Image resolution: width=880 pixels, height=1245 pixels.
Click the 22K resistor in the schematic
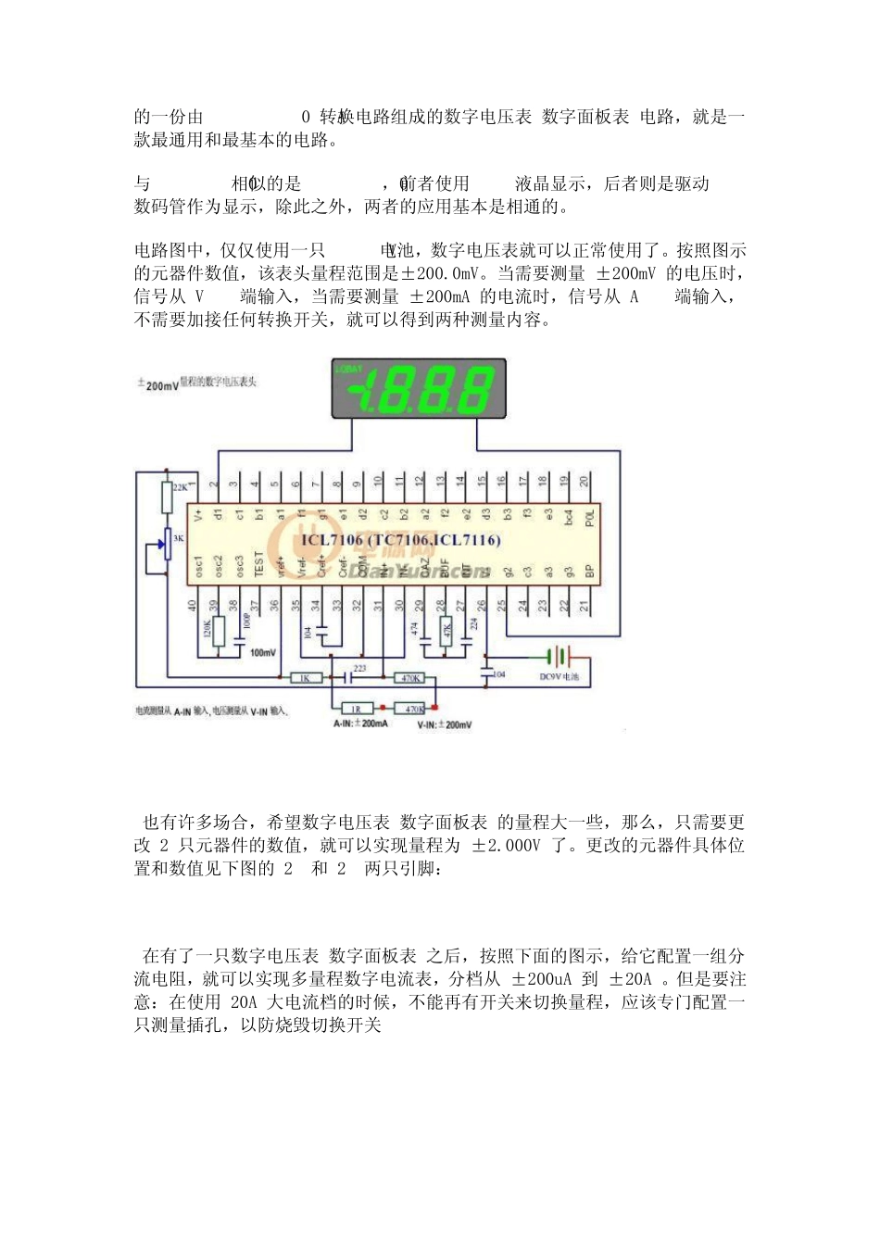point(168,497)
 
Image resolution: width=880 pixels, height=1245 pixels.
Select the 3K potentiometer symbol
point(168,546)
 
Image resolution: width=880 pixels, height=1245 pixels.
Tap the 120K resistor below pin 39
point(219,633)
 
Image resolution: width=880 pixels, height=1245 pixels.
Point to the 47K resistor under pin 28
point(446,632)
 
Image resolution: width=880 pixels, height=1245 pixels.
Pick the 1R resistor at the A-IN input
point(357,709)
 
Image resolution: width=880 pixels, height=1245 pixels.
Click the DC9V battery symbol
point(557,657)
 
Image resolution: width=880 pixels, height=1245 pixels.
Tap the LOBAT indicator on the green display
point(348,369)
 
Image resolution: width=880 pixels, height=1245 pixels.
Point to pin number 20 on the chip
point(585,481)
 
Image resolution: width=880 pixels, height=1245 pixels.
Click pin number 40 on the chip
point(194,605)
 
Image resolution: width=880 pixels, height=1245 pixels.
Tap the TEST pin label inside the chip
point(258,563)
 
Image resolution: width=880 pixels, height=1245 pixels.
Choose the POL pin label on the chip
point(589,516)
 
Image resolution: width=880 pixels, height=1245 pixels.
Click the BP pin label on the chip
point(588,571)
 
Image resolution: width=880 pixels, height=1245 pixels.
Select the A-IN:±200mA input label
point(360,723)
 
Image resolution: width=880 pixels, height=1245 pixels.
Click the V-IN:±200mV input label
point(444,724)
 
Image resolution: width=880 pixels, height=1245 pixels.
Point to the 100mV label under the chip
point(263,653)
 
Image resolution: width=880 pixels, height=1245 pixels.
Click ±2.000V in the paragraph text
point(505,845)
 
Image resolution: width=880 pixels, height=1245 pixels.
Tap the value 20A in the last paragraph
point(243,1001)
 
